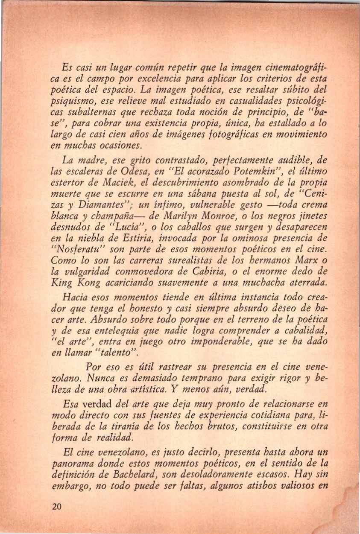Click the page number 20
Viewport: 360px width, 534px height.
[x=56, y=507]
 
